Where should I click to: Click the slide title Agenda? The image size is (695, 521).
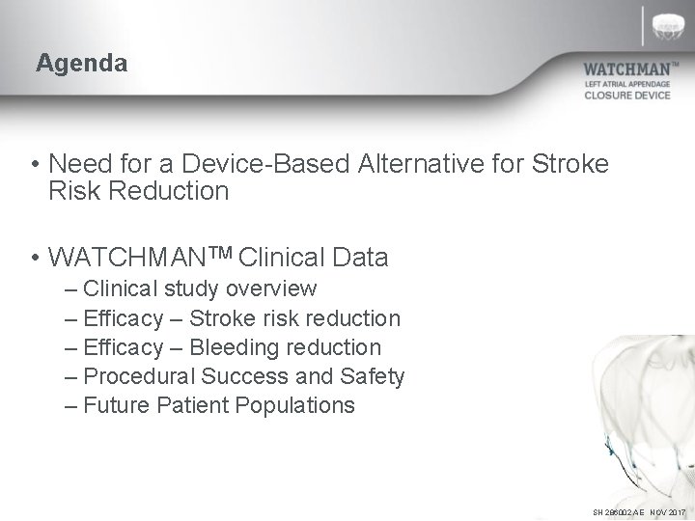81,64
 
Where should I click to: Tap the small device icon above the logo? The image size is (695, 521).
672,25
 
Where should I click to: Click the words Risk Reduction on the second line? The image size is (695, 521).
138,191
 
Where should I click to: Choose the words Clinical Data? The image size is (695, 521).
313,258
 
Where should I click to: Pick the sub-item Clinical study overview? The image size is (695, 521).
200,288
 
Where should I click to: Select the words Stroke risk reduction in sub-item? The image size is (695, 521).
294,317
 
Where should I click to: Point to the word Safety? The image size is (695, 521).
371,375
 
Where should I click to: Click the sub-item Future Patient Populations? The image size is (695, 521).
219,404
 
